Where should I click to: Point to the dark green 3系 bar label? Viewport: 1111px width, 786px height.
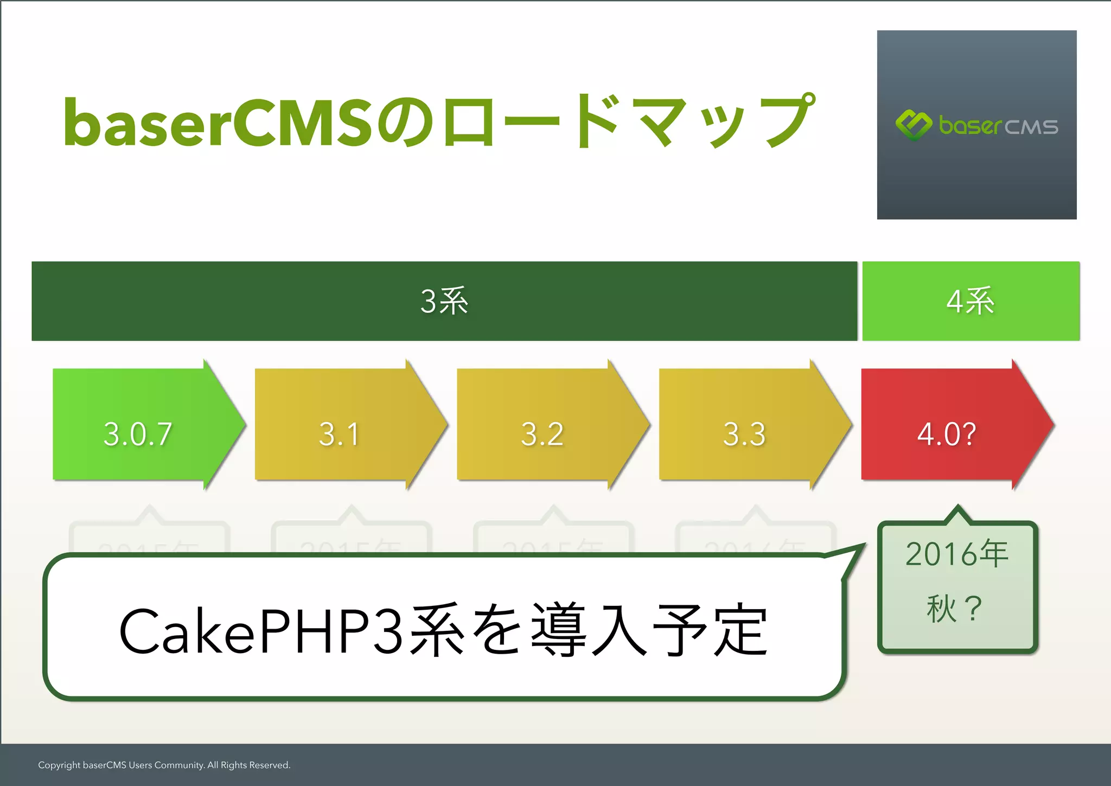click(x=444, y=301)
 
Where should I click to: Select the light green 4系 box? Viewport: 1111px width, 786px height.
click(x=970, y=301)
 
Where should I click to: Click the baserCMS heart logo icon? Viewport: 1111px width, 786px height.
click(x=914, y=125)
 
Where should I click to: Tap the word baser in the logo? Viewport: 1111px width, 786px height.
click(x=970, y=126)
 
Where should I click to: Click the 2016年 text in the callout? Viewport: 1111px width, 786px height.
click(x=957, y=554)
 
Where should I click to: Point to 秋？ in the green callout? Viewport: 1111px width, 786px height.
click(x=955, y=609)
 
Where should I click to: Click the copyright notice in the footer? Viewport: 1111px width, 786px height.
click(x=164, y=765)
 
